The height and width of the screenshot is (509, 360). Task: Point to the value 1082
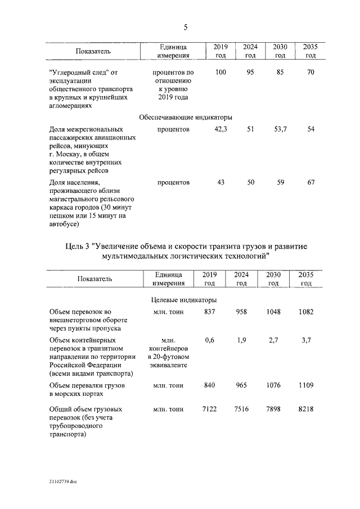[306, 312]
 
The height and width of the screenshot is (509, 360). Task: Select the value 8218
[306, 409]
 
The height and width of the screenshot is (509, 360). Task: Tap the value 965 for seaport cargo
[241, 385]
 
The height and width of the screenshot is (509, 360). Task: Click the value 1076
[273, 385]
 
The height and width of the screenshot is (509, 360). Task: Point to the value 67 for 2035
[310, 182]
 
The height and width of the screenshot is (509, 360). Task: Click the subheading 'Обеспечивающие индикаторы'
[185, 118]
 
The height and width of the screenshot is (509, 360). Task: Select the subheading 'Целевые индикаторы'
[184, 300]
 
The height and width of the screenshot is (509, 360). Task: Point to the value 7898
[273, 409]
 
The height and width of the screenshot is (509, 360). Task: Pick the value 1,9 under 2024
[241, 340]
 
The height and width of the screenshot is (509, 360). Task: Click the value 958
[241, 312]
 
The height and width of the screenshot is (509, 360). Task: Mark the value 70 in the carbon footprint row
[310, 73]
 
